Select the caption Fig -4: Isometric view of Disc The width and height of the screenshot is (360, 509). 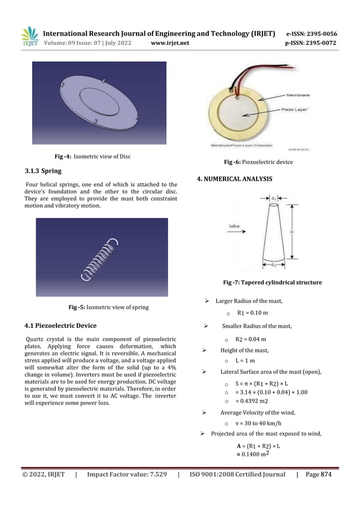[x=92, y=156]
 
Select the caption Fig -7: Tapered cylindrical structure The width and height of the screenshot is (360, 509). [x=273, y=282]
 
